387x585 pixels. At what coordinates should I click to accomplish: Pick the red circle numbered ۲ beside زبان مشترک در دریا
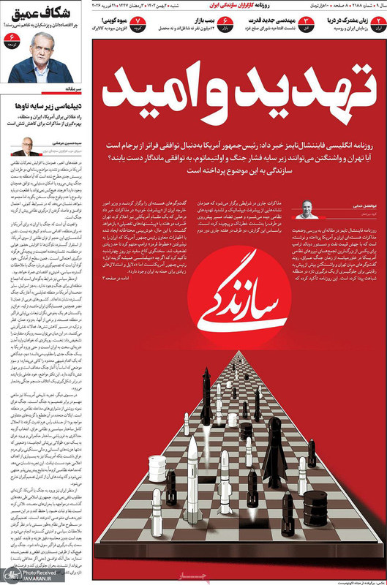(x=374, y=24)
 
